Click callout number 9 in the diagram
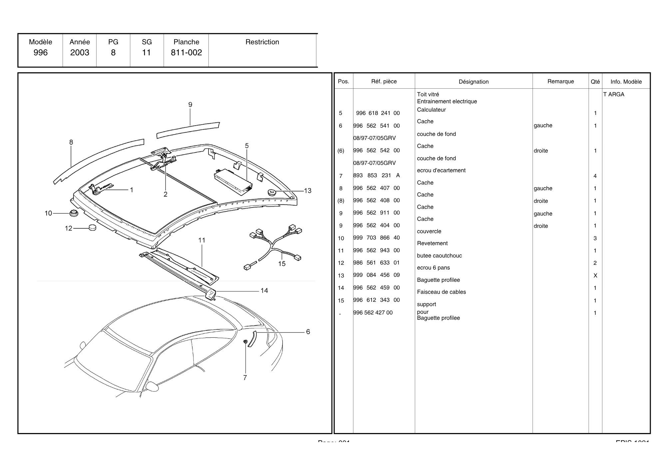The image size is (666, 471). [190, 105]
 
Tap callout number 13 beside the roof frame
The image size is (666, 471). [308, 191]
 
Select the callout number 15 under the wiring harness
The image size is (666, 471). [282, 264]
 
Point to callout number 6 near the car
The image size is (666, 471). [308, 332]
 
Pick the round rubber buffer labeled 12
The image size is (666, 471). [92, 228]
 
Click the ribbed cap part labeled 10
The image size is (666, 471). [73, 213]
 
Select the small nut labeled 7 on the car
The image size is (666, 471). [245, 341]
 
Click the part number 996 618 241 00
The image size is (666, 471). [378, 113]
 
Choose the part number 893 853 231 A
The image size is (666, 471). [376, 176]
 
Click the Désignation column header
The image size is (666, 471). [474, 82]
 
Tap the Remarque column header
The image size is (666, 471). [560, 81]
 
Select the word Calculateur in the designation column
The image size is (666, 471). [431, 110]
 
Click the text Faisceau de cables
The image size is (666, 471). [441, 292]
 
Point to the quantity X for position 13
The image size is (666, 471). [595, 276]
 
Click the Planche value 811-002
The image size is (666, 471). [186, 53]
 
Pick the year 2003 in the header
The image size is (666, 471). [80, 53]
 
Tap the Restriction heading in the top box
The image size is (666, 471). [262, 42]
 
